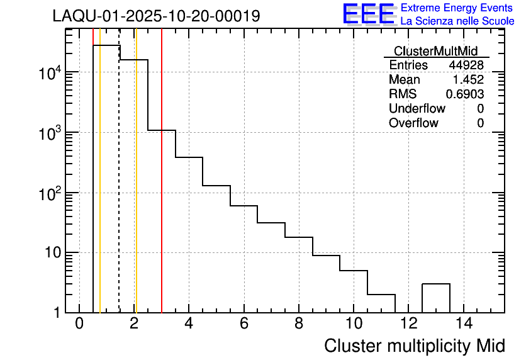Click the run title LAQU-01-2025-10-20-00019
[156, 16]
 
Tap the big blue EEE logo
[368, 14]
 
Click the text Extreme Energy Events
[457, 8]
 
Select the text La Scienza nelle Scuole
[457, 21]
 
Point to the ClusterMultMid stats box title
[435, 51]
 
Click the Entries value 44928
[466, 65]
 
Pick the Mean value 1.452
[468, 80]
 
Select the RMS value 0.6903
[465, 94]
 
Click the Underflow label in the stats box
[417, 109]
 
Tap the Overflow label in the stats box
[413, 123]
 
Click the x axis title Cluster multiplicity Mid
[414, 346]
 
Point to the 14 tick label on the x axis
[463, 324]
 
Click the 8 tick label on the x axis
[299, 324]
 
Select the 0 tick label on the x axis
[79, 324]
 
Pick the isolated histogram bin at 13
[435, 298]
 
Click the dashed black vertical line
[119, 189]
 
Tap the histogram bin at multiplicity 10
[354, 291]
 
